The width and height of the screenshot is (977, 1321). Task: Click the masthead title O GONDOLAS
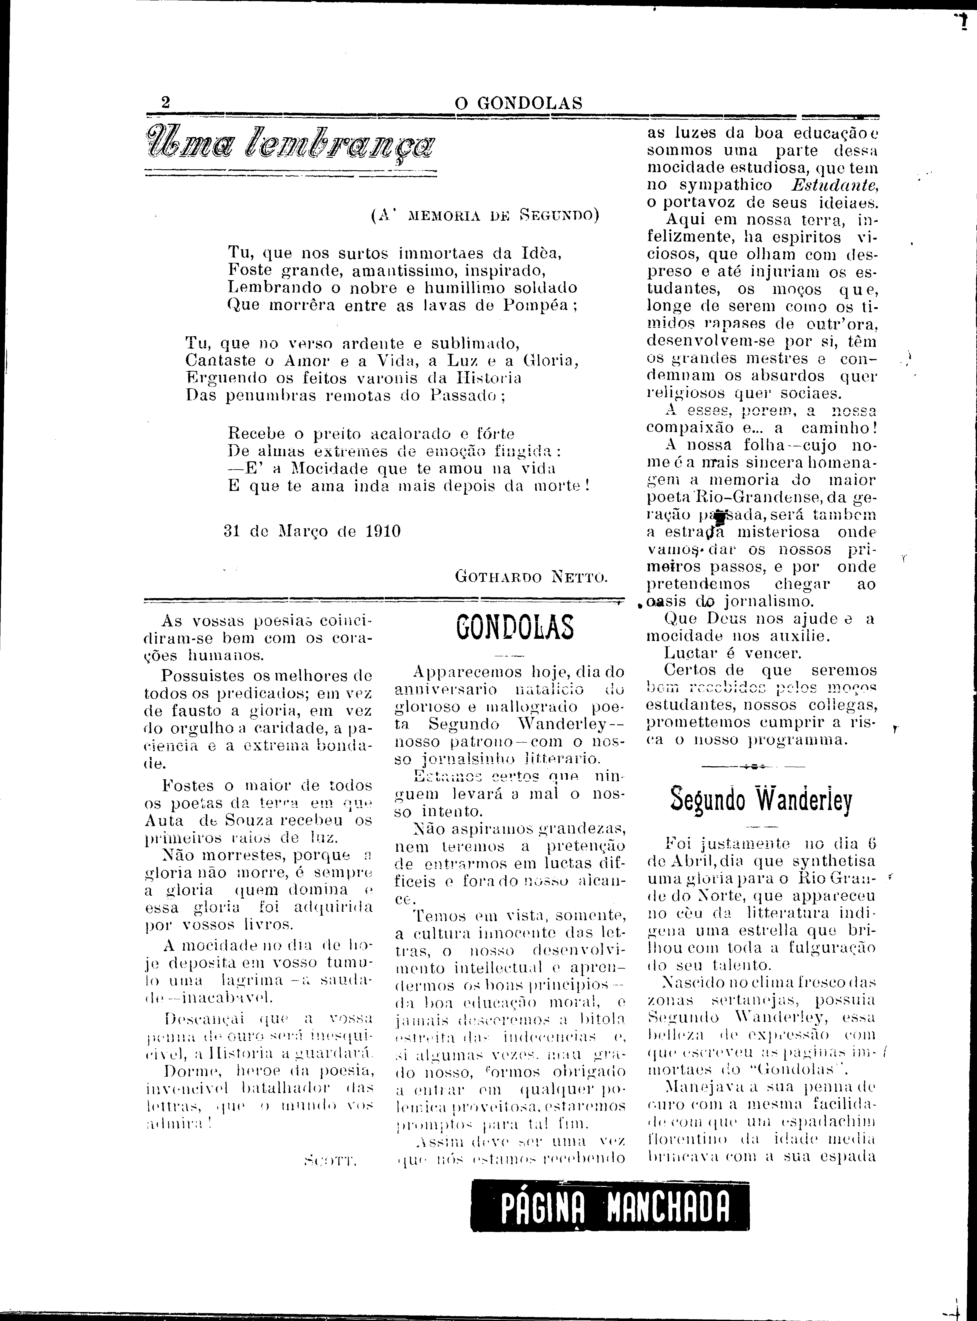[518, 103]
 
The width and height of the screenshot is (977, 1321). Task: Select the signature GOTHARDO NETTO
[531, 576]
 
